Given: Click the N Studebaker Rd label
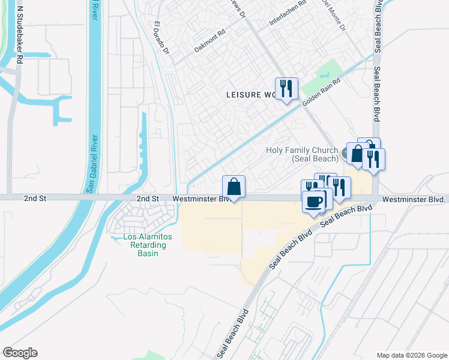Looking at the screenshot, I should click(19, 35).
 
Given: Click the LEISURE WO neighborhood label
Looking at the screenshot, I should click(251, 95).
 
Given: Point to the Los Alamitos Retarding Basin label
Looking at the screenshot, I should click(147, 245).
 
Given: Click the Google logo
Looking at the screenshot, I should click(20, 353).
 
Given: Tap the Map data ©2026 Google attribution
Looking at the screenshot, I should click(411, 355).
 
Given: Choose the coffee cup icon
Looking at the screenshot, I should click(313, 201).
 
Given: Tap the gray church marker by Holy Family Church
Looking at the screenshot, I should click(347, 154).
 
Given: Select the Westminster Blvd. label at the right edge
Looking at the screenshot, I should click(415, 199).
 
